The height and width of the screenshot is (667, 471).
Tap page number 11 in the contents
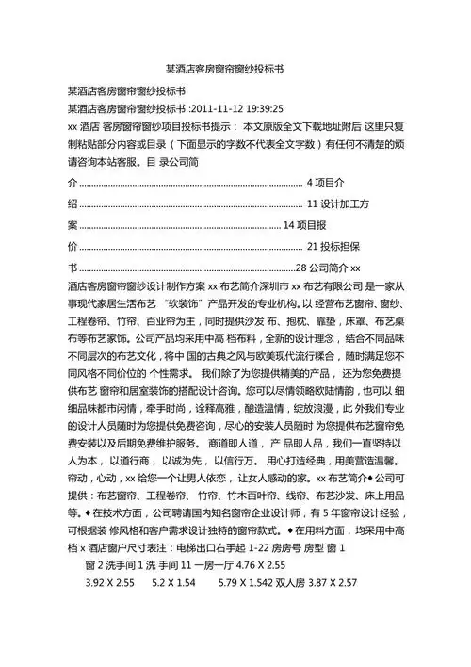pos(314,203)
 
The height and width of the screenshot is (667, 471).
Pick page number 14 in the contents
pos(289,225)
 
